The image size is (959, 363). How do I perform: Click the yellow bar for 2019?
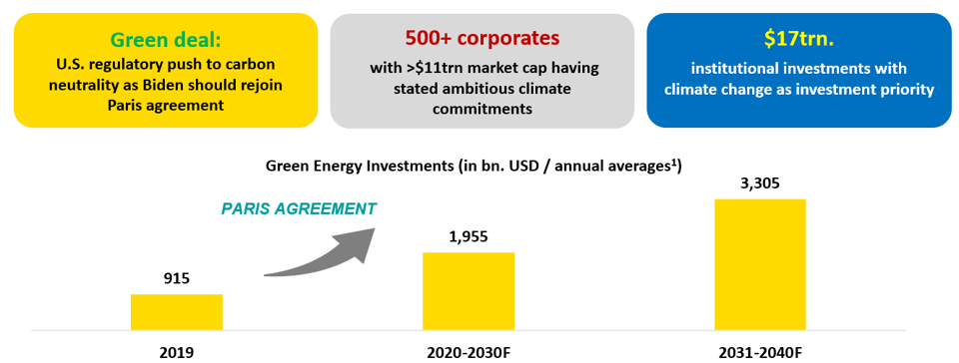(176, 312)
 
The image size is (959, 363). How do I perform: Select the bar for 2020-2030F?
(469, 291)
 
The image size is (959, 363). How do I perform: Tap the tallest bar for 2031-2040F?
(760, 265)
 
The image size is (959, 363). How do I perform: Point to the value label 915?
(177, 279)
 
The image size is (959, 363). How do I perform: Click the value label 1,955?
(469, 236)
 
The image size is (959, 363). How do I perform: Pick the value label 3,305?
(760, 182)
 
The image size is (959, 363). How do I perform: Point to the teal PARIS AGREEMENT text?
(298, 208)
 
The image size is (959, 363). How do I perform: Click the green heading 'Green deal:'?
(165, 40)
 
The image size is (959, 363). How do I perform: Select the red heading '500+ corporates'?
(481, 38)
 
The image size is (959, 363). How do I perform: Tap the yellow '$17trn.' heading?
(798, 39)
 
